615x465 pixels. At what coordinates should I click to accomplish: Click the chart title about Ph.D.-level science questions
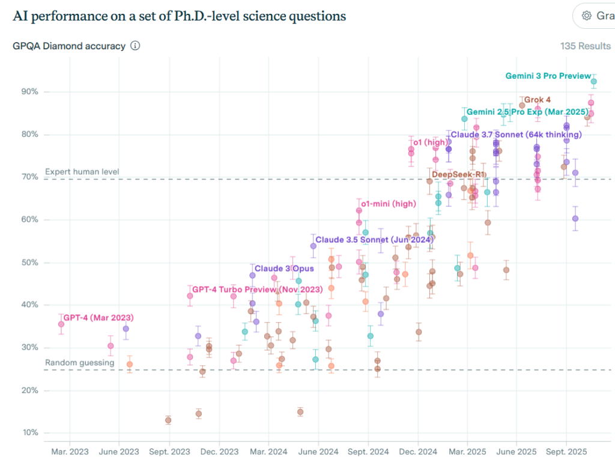pos(179,16)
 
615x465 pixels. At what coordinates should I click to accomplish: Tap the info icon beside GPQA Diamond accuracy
pos(135,46)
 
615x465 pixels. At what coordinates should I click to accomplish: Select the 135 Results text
pos(585,46)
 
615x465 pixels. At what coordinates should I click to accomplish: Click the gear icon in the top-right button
pos(586,16)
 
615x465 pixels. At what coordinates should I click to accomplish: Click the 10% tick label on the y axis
pos(30,433)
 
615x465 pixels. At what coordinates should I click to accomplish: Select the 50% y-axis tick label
pos(30,263)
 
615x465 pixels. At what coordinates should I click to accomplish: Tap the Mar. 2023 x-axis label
pos(70,451)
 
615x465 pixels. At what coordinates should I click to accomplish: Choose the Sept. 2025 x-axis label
pos(566,451)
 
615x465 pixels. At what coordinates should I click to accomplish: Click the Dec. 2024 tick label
pos(417,451)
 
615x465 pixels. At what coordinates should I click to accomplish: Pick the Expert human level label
pos(82,172)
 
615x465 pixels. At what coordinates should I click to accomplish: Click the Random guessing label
pos(79,363)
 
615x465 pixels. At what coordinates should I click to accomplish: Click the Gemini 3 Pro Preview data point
pos(594,82)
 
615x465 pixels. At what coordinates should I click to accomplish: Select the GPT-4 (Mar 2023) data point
pos(61,324)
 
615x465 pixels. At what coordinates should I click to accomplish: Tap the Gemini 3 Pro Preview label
pos(548,76)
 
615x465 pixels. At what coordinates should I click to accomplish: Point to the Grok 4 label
pos(538,100)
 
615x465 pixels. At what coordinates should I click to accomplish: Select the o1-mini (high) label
pos(389,204)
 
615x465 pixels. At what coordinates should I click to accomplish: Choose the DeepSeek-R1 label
pos(459,175)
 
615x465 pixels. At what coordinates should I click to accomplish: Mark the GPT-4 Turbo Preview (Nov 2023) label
pos(257,290)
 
